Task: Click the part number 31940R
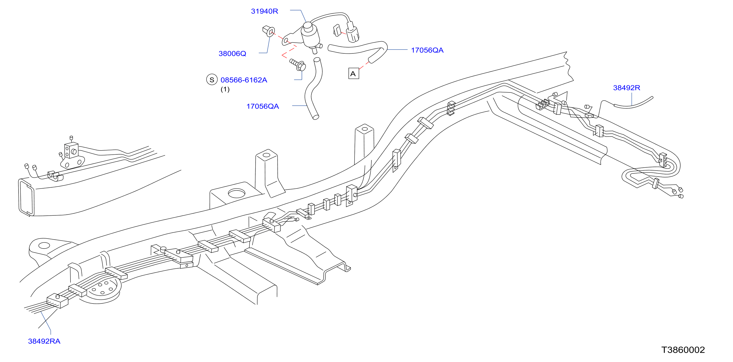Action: click(264, 11)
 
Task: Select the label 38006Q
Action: click(232, 53)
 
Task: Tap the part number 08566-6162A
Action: click(244, 80)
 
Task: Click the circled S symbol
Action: click(212, 80)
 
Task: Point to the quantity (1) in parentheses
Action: click(225, 89)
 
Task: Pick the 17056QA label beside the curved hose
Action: click(427, 50)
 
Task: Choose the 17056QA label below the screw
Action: click(263, 106)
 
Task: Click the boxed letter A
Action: click(353, 73)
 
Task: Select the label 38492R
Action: click(627, 88)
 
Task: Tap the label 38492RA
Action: click(44, 341)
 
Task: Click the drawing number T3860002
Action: click(683, 350)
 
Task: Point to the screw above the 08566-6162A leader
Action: click(298, 65)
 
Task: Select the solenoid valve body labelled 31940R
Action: click(310, 35)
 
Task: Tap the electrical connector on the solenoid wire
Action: click(352, 32)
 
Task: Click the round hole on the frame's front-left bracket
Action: click(44, 245)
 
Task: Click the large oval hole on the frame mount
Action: click(237, 193)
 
